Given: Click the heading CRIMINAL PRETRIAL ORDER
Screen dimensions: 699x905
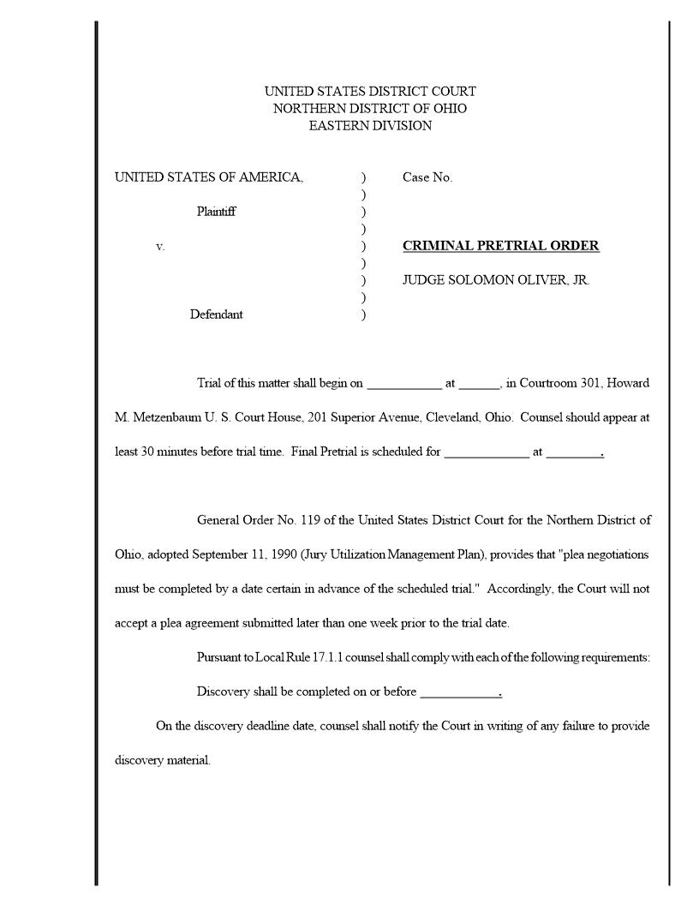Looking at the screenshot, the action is tap(500, 246).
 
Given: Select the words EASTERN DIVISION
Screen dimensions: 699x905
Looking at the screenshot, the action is tap(370, 126).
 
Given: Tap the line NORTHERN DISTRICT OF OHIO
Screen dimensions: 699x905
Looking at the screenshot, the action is tap(370, 109).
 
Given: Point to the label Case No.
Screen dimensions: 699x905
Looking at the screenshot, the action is tap(427, 177).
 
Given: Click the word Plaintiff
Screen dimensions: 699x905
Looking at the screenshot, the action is tap(217, 212).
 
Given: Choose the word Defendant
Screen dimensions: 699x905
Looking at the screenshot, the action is tap(216, 315).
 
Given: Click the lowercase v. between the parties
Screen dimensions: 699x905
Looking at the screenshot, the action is tap(160, 247).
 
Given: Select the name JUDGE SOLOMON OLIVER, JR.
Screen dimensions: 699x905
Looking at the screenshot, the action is tap(496, 280).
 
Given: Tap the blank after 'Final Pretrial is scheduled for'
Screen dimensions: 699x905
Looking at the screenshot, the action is tap(486, 453).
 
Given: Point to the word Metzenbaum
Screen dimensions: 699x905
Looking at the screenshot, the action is tap(166, 417).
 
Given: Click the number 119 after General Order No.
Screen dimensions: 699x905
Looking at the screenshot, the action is tap(318, 520).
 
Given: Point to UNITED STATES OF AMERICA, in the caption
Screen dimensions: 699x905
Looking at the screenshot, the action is tap(209, 177).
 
